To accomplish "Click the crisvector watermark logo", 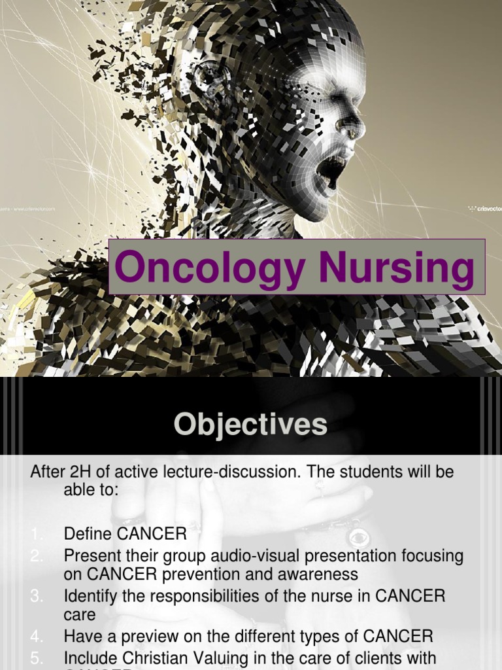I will click(x=484, y=209).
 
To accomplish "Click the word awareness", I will click(x=320, y=574).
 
